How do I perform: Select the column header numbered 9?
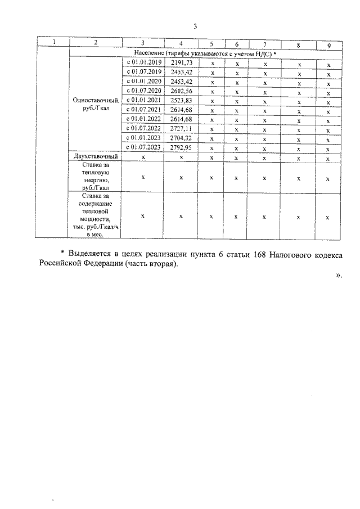click(x=328, y=44)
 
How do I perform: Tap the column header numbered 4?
click(x=181, y=44)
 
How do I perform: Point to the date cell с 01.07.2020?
click(x=143, y=91)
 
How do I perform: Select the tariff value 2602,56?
click(x=181, y=91)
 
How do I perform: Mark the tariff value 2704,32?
click(x=181, y=138)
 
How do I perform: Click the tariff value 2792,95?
click(x=181, y=147)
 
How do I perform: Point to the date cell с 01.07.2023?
click(x=143, y=147)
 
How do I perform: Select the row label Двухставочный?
click(x=95, y=157)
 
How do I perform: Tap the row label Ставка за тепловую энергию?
click(x=95, y=177)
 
